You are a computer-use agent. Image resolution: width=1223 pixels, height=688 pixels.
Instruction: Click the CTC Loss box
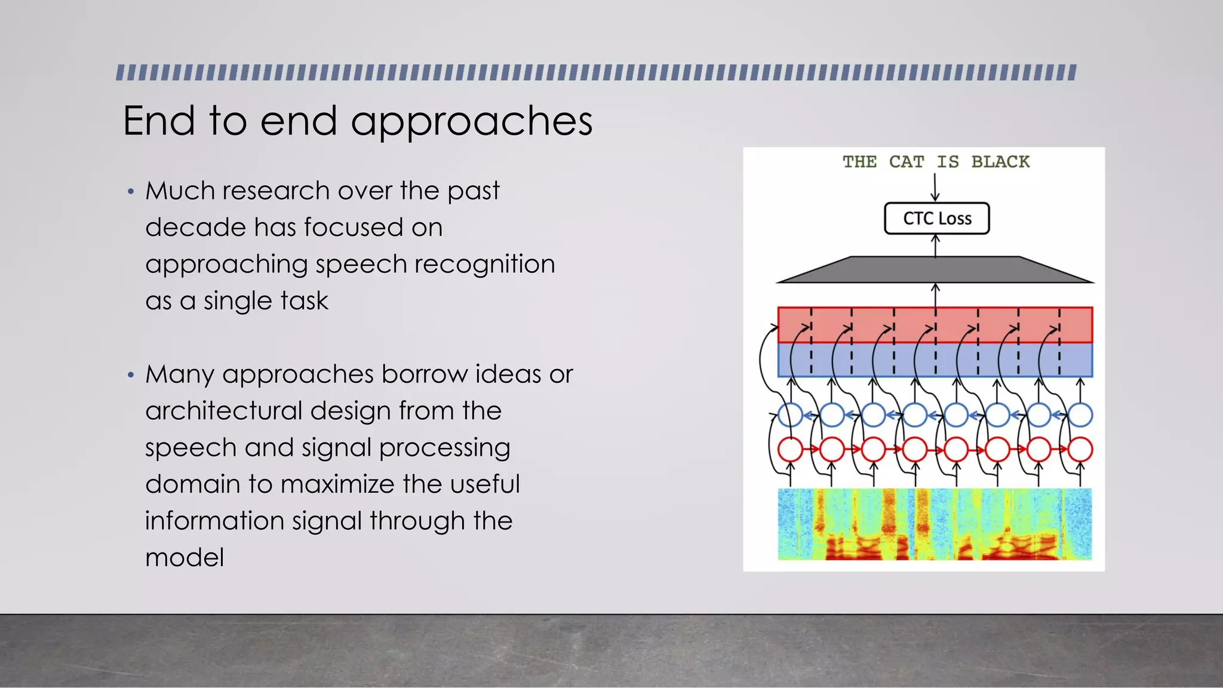(936, 219)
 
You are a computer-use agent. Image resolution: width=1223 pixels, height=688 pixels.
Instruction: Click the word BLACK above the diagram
(1000, 162)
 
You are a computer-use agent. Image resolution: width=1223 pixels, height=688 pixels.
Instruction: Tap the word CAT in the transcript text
(906, 162)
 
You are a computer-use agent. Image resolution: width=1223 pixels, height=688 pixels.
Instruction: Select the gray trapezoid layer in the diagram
(935, 270)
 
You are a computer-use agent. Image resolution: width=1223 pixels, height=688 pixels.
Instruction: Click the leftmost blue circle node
(791, 415)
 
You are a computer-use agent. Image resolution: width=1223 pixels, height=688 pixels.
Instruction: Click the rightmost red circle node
(1080, 450)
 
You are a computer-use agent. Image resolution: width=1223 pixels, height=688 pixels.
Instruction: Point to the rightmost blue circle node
(1080, 415)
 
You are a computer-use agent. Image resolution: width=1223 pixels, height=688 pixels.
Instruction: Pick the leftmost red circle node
(791, 450)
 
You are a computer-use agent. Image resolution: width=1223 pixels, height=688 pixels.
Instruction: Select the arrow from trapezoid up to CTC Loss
(935, 245)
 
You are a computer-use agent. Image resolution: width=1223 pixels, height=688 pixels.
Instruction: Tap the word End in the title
(159, 121)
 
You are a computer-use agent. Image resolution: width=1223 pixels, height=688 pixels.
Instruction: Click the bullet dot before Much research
(131, 192)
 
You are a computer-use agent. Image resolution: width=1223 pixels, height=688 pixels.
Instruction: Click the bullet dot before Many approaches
(131, 376)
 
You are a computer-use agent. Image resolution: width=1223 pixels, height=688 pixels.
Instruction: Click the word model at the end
(185, 558)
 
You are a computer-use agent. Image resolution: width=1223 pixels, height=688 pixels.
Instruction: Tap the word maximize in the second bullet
(337, 484)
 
